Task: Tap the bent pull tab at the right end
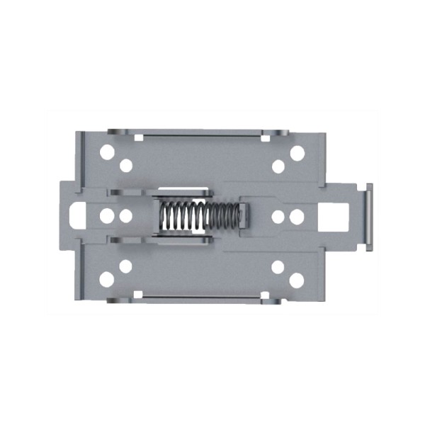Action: coord(368,217)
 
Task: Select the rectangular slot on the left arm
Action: coord(78,215)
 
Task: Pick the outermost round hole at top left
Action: coord(107,152)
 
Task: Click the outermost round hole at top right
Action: coord(297,152)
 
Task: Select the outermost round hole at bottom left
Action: coord(107,279)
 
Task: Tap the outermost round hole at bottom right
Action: coord(296,280)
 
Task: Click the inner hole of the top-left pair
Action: coord(126,166)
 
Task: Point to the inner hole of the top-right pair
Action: coord(278,166)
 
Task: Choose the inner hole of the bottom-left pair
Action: coord(125,266)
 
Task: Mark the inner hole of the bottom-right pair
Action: coord(278,266)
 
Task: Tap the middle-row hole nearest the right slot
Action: coord(297,216)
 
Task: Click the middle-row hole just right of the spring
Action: coord(278,216)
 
